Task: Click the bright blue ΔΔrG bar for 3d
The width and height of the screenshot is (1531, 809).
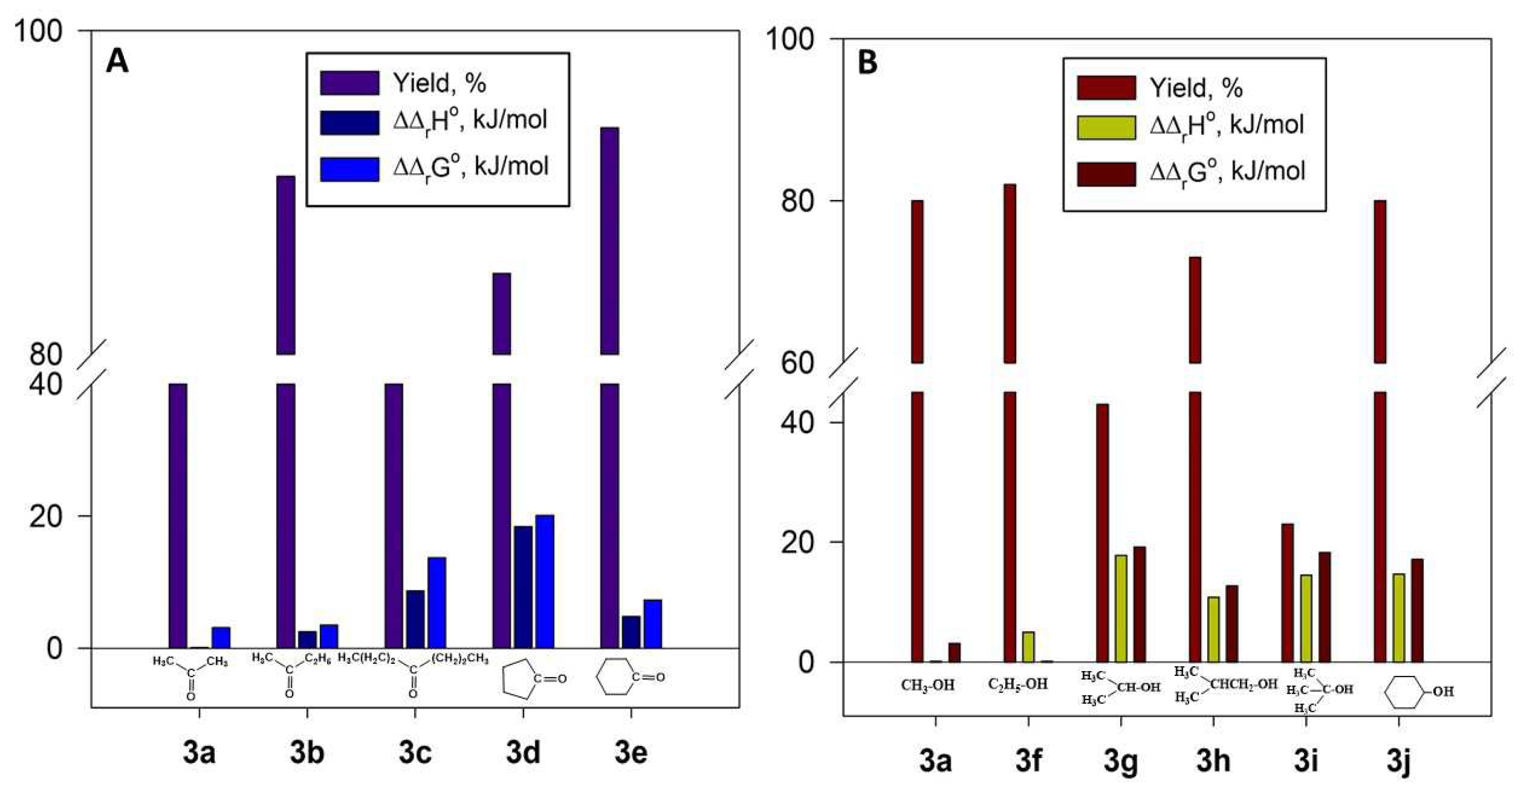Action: tap(544, 582)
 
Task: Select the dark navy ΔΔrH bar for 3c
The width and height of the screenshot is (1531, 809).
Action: tap(416, 619)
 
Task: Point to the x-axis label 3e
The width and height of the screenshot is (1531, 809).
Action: tap(630, 753)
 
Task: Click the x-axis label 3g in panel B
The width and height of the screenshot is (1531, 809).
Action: tap(1120, 761)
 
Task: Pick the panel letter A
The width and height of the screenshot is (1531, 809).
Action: tap(117, 61)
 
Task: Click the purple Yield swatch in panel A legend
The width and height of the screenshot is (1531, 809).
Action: tap(349, 83)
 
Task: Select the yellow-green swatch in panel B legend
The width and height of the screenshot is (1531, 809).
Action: tap(1106, 127)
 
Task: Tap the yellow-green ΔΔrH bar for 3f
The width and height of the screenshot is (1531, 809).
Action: tap(1028, 647)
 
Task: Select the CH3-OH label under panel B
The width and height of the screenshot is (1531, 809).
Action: tap(928, 685)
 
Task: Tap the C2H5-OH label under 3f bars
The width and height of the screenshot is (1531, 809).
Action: tap(1018, 684)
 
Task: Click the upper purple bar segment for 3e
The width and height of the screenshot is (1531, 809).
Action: tap(609, 240)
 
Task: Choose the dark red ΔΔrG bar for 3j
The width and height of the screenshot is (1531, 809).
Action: tap(1417, 610)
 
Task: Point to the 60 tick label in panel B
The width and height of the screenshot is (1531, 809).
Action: tap(797, 363)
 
